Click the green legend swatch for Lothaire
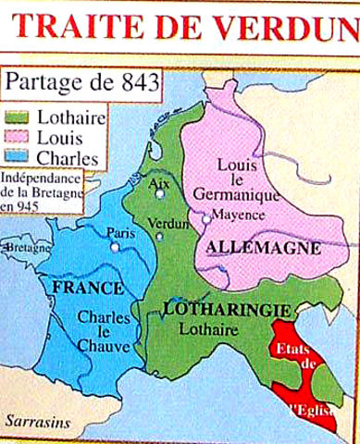(x=19, y=117)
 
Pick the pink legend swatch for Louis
(x=19, y=138)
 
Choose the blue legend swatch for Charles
(x=19, y=157)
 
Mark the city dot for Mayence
(x=205, y=218)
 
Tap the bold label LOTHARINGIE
(x=208, y=308)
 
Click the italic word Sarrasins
(x=35, y=421)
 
